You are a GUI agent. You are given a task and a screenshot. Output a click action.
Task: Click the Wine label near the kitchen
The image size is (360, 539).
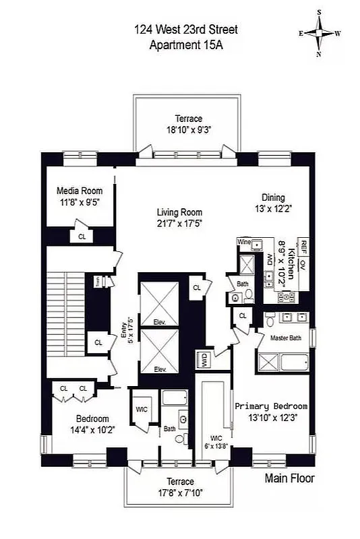click(243, 241)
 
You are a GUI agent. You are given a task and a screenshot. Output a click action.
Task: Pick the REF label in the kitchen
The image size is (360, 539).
click(304, 246)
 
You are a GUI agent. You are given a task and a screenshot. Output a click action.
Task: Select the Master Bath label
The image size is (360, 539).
click(286, 337)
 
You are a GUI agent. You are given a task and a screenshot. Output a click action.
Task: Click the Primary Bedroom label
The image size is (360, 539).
click(271, 406)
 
